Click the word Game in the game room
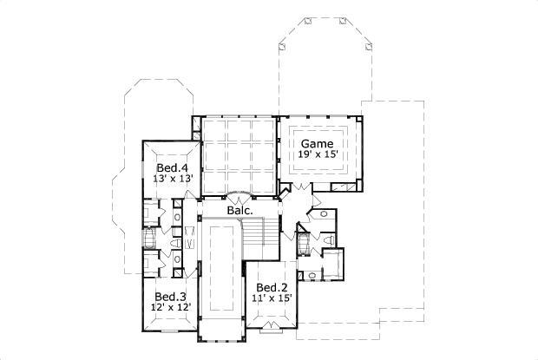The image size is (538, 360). tap(318, 143)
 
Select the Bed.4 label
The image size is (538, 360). tap(172, 167)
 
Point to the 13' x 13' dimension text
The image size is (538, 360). tap(172, 179)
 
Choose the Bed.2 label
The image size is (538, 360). tap(272, 288)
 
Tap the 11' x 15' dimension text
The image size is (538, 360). tap(272, 299)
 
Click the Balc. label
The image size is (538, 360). tap(239, 211)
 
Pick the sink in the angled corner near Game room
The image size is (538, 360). tap(321, 212)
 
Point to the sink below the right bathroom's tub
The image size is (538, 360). tap(308, 275)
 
